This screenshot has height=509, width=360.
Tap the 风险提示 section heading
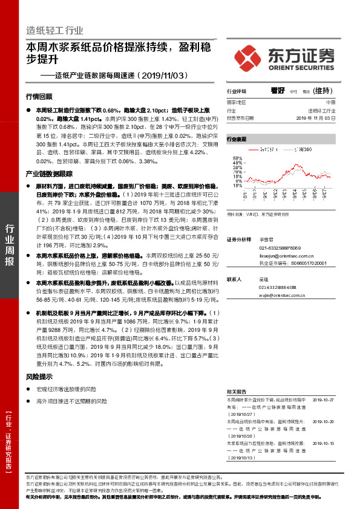[39, 377]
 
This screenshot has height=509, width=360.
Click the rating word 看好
[278, 90]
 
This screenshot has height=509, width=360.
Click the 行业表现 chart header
[237, 139]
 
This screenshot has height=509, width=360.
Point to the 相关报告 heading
[236, 392]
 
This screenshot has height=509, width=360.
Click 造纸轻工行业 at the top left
[54, 31]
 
